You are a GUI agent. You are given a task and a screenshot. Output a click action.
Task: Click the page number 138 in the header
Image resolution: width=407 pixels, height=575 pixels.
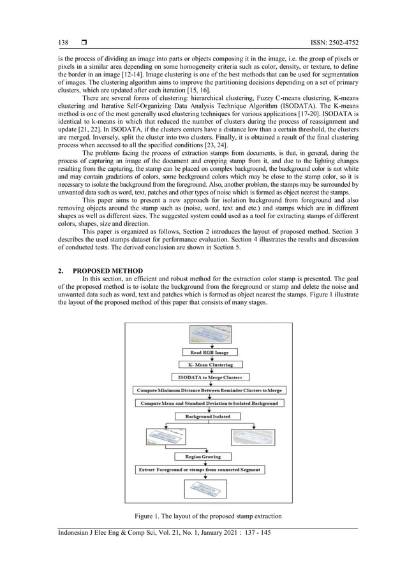tap(63, 43)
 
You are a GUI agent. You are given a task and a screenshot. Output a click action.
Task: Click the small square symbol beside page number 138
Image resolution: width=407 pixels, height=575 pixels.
tap(84, 43)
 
